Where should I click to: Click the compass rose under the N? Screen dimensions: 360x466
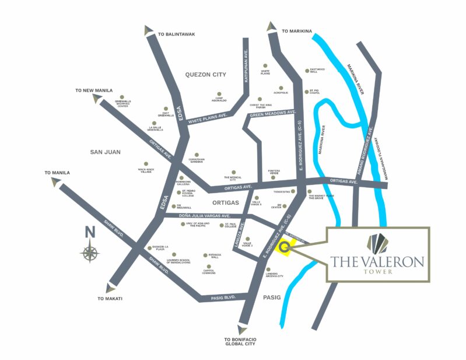click(90, 253)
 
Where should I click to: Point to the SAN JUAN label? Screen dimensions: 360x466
click(105, 152)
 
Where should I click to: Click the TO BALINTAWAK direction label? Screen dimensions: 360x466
click(176, 34)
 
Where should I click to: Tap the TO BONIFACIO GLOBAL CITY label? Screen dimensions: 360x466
click(240, 342)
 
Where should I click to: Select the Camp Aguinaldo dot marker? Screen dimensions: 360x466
click(219, 93)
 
